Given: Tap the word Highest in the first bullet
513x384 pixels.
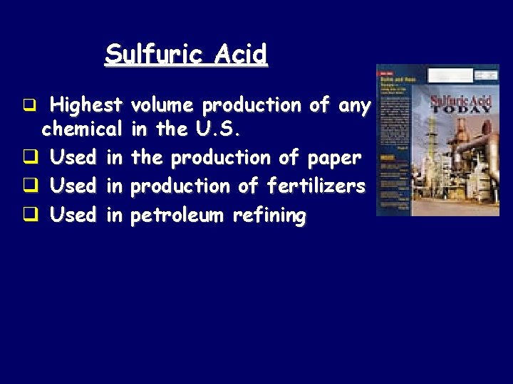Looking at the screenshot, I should point(86,107).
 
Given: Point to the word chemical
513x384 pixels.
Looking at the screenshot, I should point(82,131).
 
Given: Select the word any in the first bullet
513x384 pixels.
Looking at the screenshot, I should point(354,107).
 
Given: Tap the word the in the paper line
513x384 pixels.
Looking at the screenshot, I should point(147,157).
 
